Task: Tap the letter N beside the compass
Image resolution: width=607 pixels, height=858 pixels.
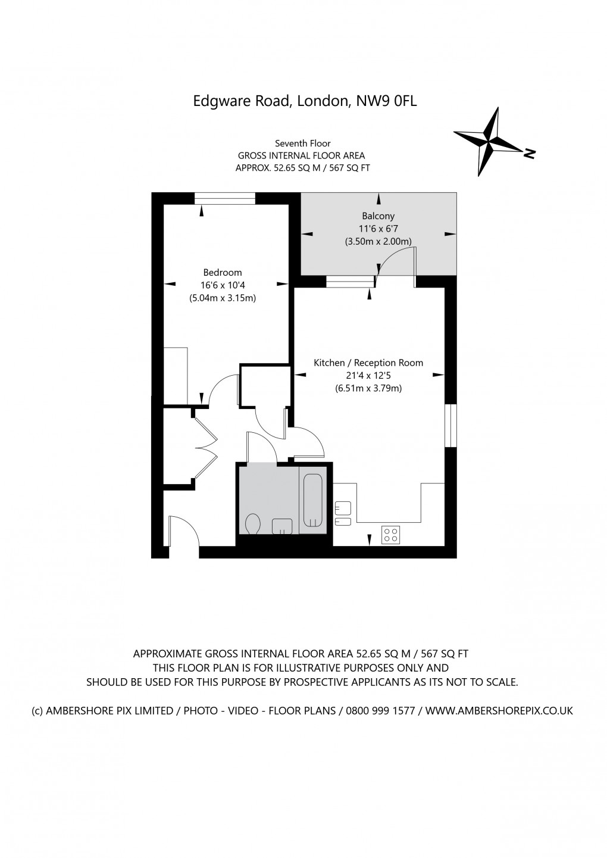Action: (529, 154)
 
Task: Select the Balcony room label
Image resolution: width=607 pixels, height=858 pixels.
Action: (378, 216)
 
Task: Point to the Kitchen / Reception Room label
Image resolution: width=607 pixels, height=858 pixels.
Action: (368, 363)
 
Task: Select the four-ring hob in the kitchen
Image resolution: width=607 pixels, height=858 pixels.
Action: (390, 535)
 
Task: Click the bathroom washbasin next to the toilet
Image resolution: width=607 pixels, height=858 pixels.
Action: (282, 526)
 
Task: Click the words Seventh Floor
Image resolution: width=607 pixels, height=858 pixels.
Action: (302, 143)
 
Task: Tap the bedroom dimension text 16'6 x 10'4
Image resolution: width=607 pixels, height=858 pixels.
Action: (222, 285)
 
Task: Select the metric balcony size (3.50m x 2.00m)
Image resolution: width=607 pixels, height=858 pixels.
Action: (378, 242)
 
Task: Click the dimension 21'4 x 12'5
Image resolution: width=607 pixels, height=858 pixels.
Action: (368, 376)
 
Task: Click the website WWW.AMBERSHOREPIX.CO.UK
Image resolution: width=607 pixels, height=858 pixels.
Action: (499, 710)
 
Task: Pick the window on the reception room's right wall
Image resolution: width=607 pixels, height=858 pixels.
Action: (451, 425)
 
